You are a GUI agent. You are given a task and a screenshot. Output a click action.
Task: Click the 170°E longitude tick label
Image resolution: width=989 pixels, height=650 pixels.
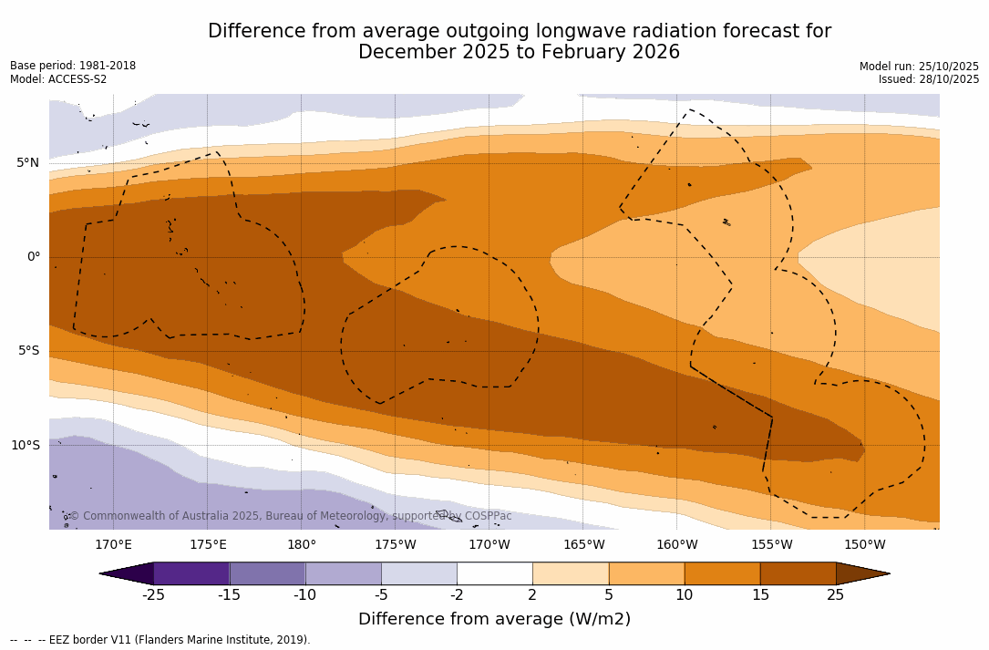pyautogui.click(x=113, y=545)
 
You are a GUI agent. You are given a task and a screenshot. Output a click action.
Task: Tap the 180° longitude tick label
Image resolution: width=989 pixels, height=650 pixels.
pyautogui.click(x=301, y=545)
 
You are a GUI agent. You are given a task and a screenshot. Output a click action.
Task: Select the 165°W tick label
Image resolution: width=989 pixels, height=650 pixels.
pyautogui.click(x=583, y=545)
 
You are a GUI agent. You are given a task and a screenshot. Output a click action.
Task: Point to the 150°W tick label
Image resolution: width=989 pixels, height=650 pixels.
pyautogui.click(x=864, y=545)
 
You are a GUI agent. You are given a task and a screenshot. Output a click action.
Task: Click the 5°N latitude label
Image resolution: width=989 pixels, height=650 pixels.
pyautogui.click(x=27, y=163)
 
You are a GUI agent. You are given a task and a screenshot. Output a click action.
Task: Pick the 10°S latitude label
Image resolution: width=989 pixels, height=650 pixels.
pyautogui.click(x=25, y=446)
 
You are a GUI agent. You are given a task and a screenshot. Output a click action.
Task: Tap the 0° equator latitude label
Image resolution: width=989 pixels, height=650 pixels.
pyautogui.click(x=33, y=257)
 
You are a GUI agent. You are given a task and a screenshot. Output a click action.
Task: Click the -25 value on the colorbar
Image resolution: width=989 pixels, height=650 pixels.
pyautogui.click(x=153, y=595)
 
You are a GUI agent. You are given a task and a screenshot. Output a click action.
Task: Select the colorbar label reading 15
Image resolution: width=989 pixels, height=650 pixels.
pyautogui.click(x=759, y=595)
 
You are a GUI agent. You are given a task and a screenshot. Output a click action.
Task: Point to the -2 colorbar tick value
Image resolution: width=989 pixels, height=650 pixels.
pyautogui.click(x=457, y=595)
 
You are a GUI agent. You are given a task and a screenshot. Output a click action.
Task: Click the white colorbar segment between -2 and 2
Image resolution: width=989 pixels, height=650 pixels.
pyautogui.click(x=494, y=573)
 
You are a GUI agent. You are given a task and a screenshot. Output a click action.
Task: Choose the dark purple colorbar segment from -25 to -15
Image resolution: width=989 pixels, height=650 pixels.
pyautogui.click(x=191, y=573)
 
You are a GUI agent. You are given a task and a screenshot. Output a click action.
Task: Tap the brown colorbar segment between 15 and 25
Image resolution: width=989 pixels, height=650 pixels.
pyautogui.click(x=798, y=573)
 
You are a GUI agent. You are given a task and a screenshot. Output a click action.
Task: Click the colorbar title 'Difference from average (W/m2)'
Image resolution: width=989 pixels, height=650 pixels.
pyautogui.click(x=494, y=619)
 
